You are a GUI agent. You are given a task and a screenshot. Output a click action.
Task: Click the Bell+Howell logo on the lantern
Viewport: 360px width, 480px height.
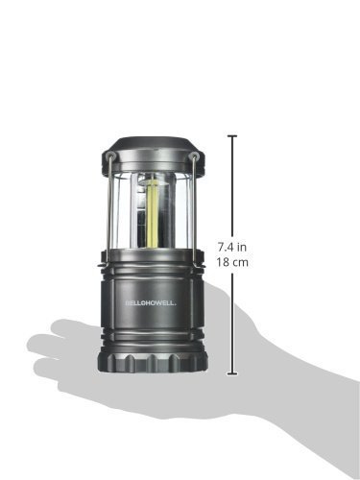tap(151, 303)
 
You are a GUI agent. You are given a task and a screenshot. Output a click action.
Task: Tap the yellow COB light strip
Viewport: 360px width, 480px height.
tap(152, 213)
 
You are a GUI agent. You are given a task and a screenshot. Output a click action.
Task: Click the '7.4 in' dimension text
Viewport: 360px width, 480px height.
tap(232, 247)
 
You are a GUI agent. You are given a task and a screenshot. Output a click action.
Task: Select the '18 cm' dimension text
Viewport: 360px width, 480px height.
tap(232, 262)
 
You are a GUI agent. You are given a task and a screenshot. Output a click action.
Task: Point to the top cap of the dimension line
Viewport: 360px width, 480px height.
tap(232, 136)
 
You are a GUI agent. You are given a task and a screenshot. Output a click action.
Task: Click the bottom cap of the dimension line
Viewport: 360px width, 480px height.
tap(232, 373)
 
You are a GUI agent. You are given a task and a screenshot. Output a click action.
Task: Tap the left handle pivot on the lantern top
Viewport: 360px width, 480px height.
tap(110, 156)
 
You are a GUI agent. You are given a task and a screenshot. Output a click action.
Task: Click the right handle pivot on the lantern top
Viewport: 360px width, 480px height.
tap(193, 156)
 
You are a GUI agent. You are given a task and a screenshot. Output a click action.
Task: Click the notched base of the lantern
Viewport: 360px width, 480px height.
tap(152, 362)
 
